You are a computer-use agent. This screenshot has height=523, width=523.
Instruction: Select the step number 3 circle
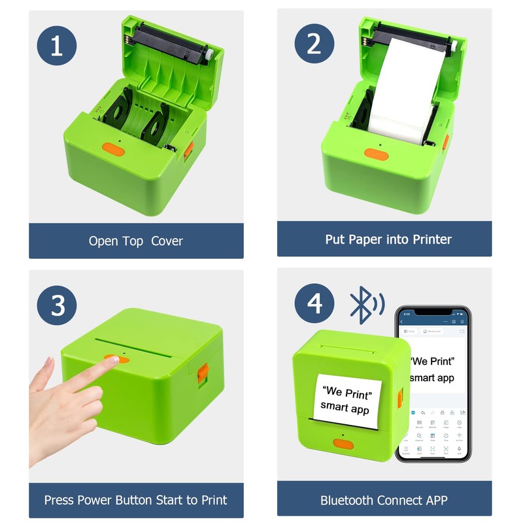pyautogui.click(x=57, y=305)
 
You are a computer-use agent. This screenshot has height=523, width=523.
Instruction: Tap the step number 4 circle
pyautogui.click(x=314, y=305)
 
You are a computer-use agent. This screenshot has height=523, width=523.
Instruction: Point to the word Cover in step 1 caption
pyautogui.click(x=167, y=241)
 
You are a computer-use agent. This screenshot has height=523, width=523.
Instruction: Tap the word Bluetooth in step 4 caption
pyautogui.click(x=348, y=500)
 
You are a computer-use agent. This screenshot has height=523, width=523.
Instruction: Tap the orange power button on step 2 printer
pyautogui.click(x=375, y=154)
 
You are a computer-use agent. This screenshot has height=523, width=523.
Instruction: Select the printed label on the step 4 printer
pyautogui.click(x=346, y=401)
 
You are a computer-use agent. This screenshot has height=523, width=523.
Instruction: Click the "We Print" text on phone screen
pyautogui.click(x=432, y=362)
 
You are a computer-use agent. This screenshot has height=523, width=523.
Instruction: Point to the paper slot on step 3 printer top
pyautogui.click(x=137, y=340)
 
